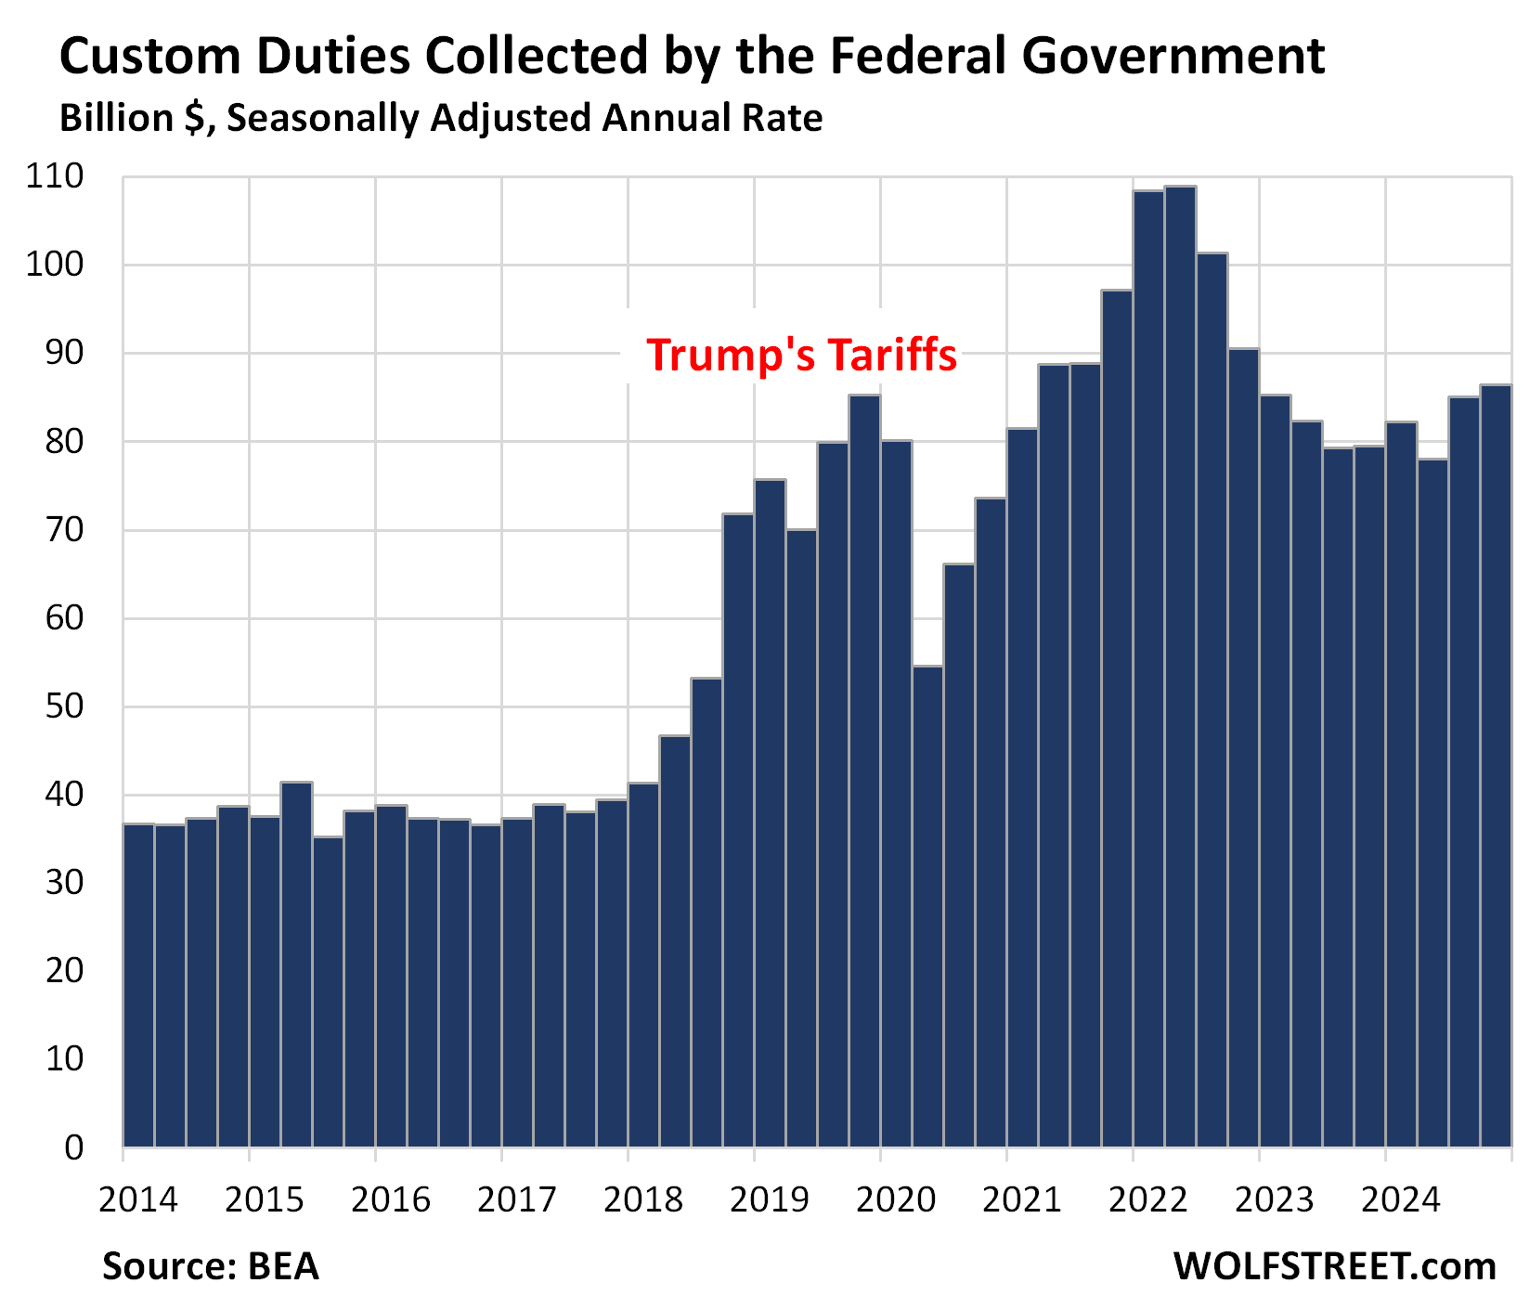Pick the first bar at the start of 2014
click(138, 985)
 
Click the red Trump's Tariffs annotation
click(801, 356)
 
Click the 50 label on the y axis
click(65, 706)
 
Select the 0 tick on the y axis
click(74, 1148)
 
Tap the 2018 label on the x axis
click(642, 1199)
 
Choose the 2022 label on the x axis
click(1147, 1199)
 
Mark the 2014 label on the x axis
click(137, 1199)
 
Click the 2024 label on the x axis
click(1400, 1199)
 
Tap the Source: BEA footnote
click(211, 1266)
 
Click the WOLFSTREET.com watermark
click(1334, 1266)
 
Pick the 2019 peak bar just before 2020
click(864, 771)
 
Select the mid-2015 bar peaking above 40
click(296, 965)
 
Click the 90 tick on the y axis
click(65, 354)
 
